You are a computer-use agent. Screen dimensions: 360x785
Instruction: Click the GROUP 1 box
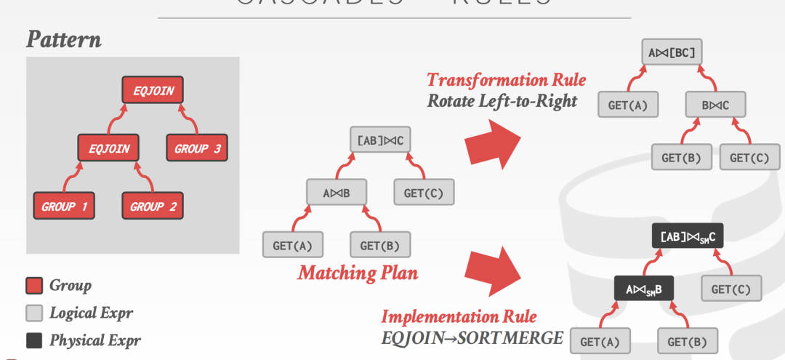[65, 206]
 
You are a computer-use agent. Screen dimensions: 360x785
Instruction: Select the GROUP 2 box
[153, 206]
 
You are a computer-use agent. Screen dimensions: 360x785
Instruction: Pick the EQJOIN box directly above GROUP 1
[109, 149]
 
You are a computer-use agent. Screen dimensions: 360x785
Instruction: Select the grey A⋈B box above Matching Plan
[337, 192]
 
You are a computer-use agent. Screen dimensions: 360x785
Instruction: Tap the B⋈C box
[716, 105]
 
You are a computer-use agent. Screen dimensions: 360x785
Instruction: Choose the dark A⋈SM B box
[644, 288]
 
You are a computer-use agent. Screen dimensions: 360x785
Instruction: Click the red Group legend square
[34, 285]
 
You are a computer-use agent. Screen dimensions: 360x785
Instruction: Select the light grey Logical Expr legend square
[34, 313]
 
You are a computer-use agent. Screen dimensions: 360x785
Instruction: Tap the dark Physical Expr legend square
[34, 340]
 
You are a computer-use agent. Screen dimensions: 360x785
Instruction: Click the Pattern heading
[64, 39]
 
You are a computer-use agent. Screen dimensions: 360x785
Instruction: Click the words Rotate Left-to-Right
[502, 100]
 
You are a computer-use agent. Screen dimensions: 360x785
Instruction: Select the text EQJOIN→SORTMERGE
[472, 337]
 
